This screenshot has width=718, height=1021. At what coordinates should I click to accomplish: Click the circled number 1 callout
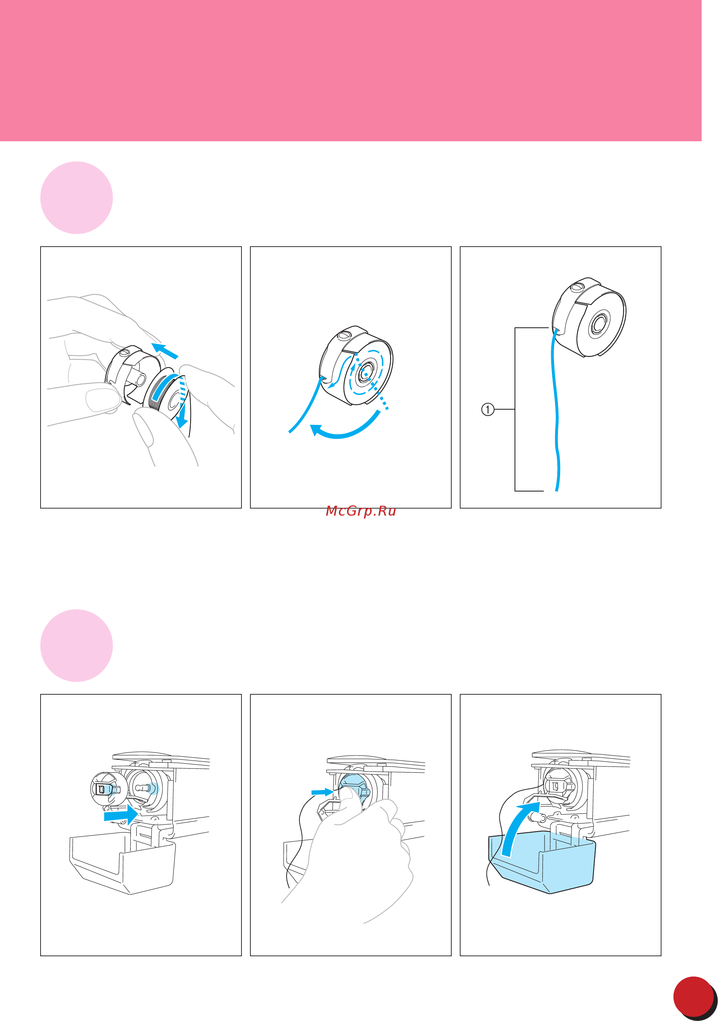[x=488, y=409]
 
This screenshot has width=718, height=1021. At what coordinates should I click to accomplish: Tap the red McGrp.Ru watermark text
[x=361, y=511]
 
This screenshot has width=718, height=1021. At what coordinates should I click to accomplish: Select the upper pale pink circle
[x=76, y=198]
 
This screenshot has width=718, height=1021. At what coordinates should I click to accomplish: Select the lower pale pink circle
[x=76, y=645]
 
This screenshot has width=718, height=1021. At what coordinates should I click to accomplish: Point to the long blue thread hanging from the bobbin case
[x=555, y=409]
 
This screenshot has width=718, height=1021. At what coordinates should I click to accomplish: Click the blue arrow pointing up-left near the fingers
[x=164, y=351]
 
